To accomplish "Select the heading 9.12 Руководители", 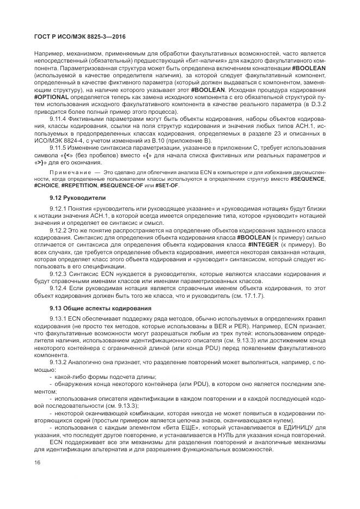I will click(x=70, y=197).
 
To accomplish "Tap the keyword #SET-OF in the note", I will click(x=166, y=186).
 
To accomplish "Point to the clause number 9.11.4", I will click(x=59, y=118).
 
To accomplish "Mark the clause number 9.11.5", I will click(x=59, y=147).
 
